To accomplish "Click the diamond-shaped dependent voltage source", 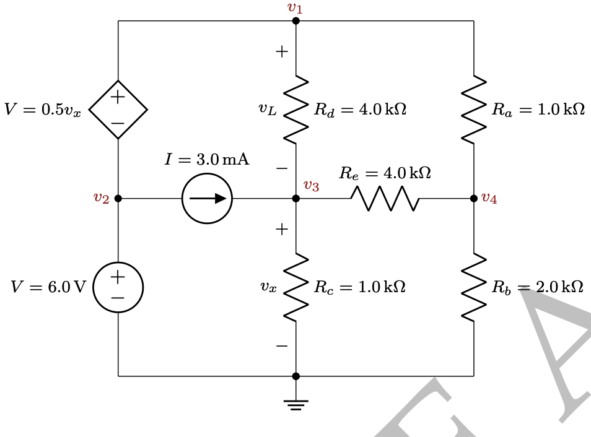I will (118, 110).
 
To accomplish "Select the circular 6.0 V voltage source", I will (118, 287).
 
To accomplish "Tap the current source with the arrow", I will (207, 199).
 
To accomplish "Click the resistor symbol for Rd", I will (296, 110).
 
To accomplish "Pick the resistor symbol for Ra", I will (474, 110).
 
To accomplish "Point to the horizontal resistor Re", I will (385, 199).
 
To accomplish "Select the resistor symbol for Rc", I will (296, 287).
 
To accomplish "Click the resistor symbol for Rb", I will (474, 287).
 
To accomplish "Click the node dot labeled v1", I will (296, 21).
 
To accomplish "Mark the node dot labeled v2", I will (118, 199).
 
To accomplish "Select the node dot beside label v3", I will (296, 199).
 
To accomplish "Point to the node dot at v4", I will (474, 199).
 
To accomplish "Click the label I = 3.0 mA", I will (207, 160).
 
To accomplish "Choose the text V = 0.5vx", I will (42, 110).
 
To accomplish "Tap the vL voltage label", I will (268, 110).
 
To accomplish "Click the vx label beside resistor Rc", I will (268, 288).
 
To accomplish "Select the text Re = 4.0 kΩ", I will (385, 173).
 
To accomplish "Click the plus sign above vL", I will (282, 52).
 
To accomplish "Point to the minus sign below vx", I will (282, 345).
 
